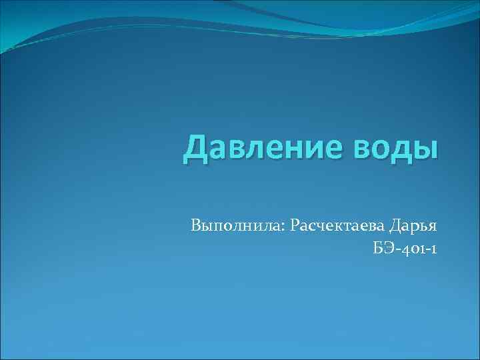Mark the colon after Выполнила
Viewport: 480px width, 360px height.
coord(285,227)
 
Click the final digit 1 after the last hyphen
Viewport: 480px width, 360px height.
coord(434,249)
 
